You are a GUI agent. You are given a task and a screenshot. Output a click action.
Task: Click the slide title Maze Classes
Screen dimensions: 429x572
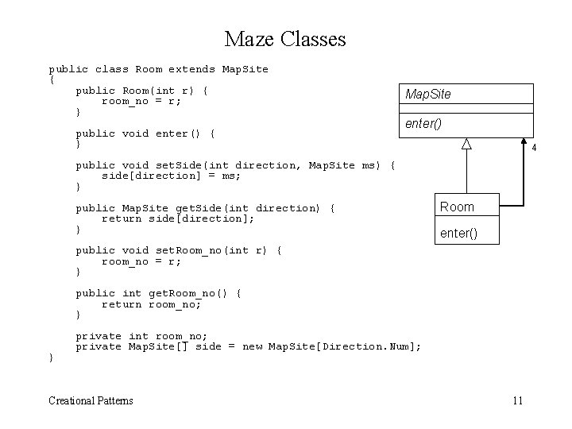tap(285, 38)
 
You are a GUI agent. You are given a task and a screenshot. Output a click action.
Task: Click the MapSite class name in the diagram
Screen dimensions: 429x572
tap(427, 95)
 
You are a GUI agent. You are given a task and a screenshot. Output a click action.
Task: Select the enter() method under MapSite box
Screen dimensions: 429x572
tap(423, 124)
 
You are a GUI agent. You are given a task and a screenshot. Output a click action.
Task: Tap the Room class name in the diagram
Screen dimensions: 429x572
tap(457, 207)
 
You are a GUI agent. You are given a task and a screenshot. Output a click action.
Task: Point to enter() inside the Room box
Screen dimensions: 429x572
tap(458, 233)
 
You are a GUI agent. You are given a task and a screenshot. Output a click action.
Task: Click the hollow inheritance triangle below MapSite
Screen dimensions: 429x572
tap(467, 143)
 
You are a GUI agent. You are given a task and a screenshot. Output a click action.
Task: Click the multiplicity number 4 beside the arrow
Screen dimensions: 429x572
tap(535, 149)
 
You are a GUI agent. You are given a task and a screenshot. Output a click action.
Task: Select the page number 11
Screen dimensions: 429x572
tap(517, 400)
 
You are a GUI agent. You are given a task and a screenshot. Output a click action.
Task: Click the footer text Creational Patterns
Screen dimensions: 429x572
tap(91, 400)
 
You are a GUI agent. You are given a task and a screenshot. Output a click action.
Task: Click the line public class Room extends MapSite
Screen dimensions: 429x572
tap(159, 69)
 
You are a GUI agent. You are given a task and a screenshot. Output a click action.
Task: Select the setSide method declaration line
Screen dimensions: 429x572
tap(235, 165)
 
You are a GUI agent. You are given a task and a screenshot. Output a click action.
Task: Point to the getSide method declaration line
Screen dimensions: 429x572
tap(206, 208)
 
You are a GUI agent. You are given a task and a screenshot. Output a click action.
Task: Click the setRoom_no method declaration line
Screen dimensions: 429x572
tap(179, 250)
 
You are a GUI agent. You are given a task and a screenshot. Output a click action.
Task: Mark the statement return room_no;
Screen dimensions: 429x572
tap(151, 304)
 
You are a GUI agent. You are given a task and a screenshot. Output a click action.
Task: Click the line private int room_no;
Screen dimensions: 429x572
tap(140, 336)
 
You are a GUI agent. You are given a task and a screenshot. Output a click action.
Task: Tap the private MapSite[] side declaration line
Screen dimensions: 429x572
tap(248, 346)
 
